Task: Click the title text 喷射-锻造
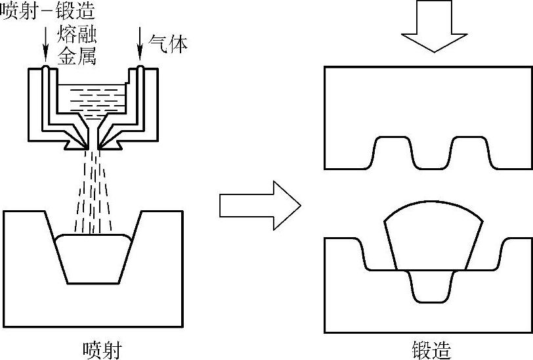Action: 47,11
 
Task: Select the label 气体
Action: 169,44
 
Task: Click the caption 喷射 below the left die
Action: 102,348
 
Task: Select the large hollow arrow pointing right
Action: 259,206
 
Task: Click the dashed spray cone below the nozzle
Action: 93,191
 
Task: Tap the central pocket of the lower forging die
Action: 432,286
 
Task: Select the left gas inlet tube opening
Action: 45,68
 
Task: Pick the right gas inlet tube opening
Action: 140,68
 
